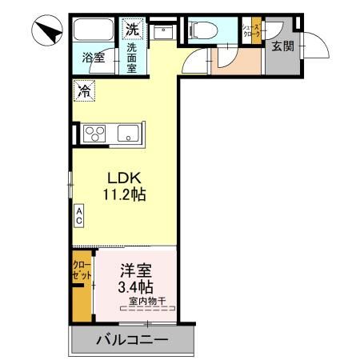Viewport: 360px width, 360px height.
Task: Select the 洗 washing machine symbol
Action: (131, 29)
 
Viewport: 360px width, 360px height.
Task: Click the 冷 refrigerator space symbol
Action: (84, 91)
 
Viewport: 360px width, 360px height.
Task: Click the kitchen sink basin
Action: (128, 134)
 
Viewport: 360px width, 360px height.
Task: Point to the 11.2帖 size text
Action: (123, 194)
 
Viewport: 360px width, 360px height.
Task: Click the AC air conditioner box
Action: (79, 214)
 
